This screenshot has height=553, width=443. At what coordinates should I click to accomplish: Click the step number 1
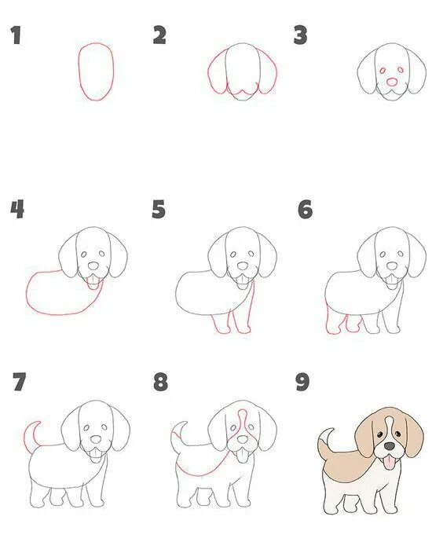tap(16, 35)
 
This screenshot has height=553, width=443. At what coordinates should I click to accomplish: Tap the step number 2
tap(159, 35)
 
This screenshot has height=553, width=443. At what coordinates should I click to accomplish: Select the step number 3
tap(301, 35)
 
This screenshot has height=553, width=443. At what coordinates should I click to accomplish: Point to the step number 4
tap(17, 209)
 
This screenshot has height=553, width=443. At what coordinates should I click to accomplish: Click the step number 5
tap(159, 209)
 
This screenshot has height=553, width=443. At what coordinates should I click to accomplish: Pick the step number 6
tap(305, 209)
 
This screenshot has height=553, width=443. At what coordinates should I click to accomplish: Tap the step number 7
tap(20, 382)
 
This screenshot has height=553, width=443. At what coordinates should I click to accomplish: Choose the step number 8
tap(160, 382)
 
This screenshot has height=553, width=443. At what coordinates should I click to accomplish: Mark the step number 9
tap(302, 382)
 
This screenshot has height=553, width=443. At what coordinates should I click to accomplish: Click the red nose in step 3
tap(392, 82)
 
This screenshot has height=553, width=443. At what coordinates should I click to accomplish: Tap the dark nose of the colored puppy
tap(390, 446)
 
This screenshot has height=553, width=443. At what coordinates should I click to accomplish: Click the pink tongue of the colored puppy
tap(389, 462)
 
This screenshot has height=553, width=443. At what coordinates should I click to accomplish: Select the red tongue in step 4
tap(93, 284)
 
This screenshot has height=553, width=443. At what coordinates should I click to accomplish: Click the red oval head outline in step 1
tap(79, 71)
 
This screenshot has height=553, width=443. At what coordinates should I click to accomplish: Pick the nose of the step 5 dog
tap(242, 266)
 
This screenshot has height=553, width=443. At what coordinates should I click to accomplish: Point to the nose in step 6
tap(392, 266)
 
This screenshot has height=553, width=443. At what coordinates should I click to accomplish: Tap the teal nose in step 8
tap(242, 439)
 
